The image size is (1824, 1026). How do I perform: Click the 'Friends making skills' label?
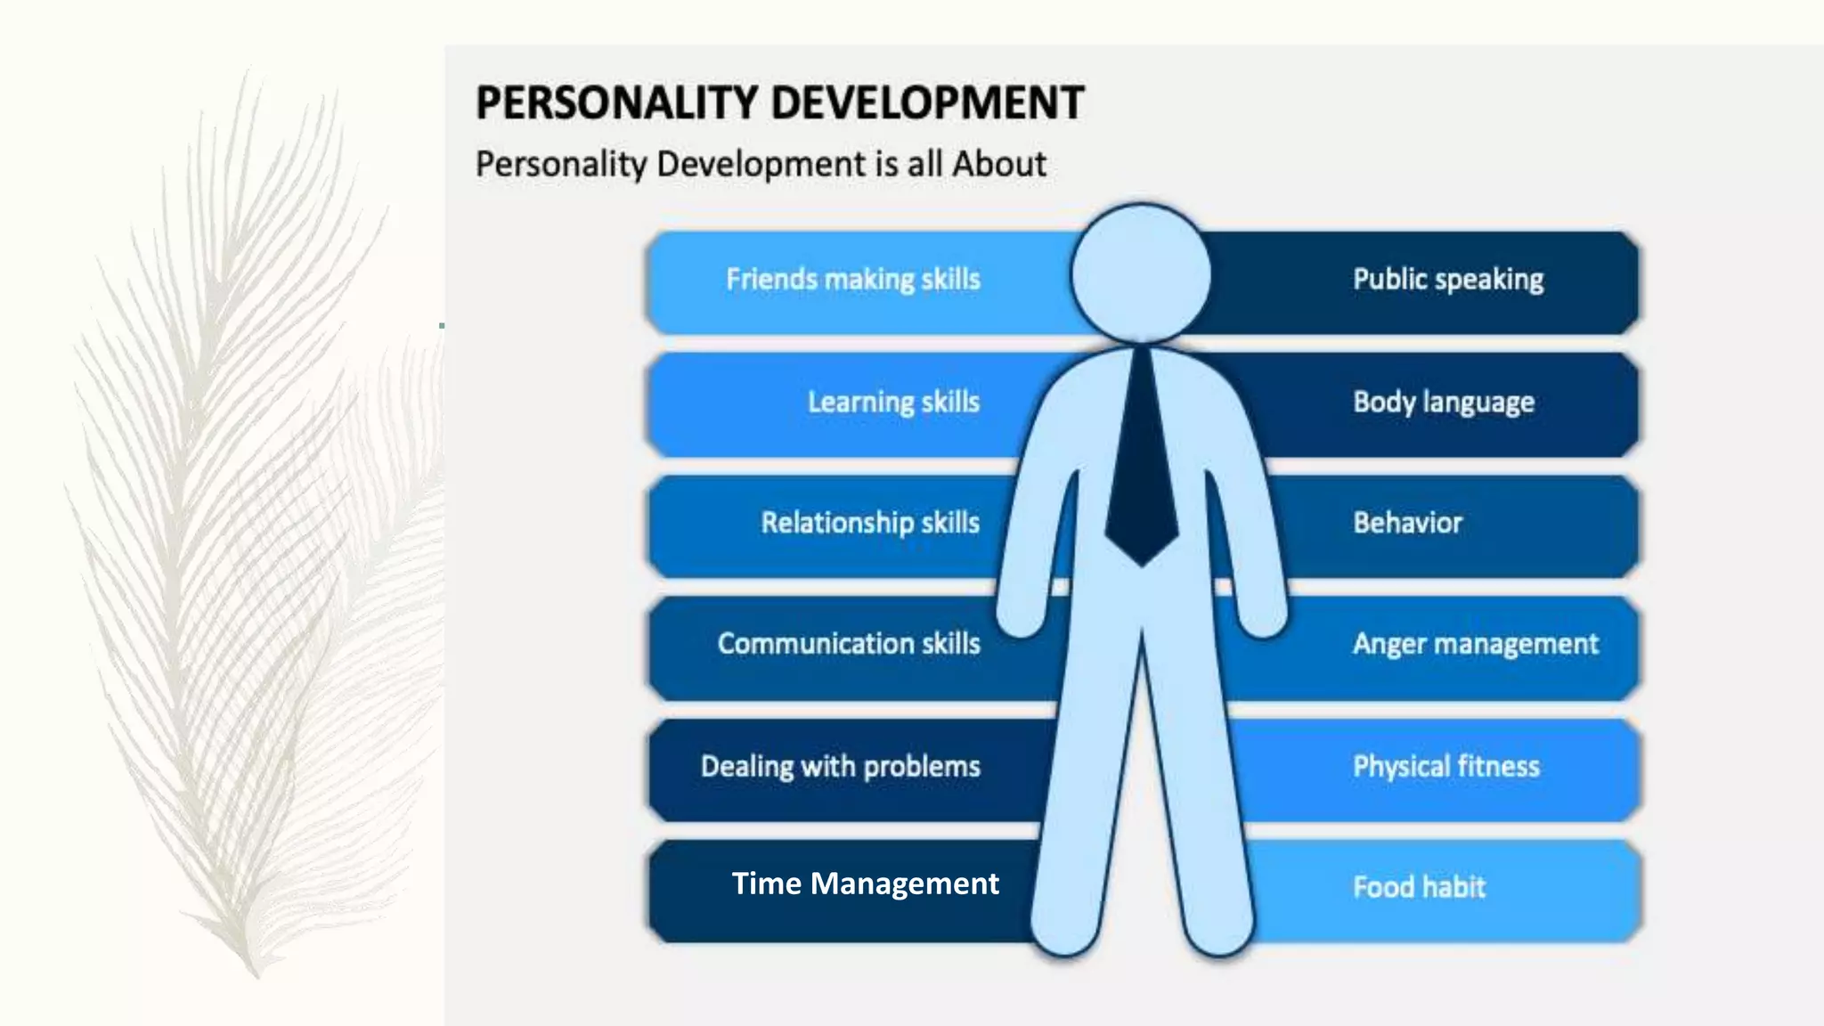852,280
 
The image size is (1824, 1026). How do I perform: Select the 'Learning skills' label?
893,402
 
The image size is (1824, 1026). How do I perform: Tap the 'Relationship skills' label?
870,523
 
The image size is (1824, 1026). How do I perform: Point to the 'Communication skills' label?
849,644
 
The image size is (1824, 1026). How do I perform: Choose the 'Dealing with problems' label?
840,766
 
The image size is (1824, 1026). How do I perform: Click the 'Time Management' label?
865,883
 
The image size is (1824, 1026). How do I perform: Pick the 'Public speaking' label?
1448,280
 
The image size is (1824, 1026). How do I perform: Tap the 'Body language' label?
1444,402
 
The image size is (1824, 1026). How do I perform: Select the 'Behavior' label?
1407,523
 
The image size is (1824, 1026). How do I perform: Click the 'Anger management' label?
1475,644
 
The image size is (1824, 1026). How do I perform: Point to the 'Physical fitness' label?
1445,766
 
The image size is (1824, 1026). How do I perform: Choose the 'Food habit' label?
1419,887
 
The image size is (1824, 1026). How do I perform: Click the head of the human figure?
1141,273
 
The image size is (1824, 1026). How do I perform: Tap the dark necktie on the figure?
1142,472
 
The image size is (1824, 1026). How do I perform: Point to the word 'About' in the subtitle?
998,164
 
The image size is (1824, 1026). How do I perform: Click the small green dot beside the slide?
442,326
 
